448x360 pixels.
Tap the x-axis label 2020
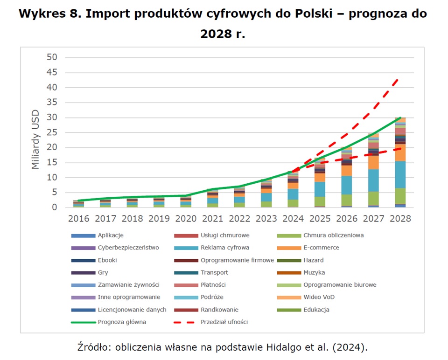185,219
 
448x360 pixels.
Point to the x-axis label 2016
78,219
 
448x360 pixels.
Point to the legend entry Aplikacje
111,235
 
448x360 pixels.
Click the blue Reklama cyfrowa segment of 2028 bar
400,174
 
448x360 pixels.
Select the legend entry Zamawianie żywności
129,285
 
